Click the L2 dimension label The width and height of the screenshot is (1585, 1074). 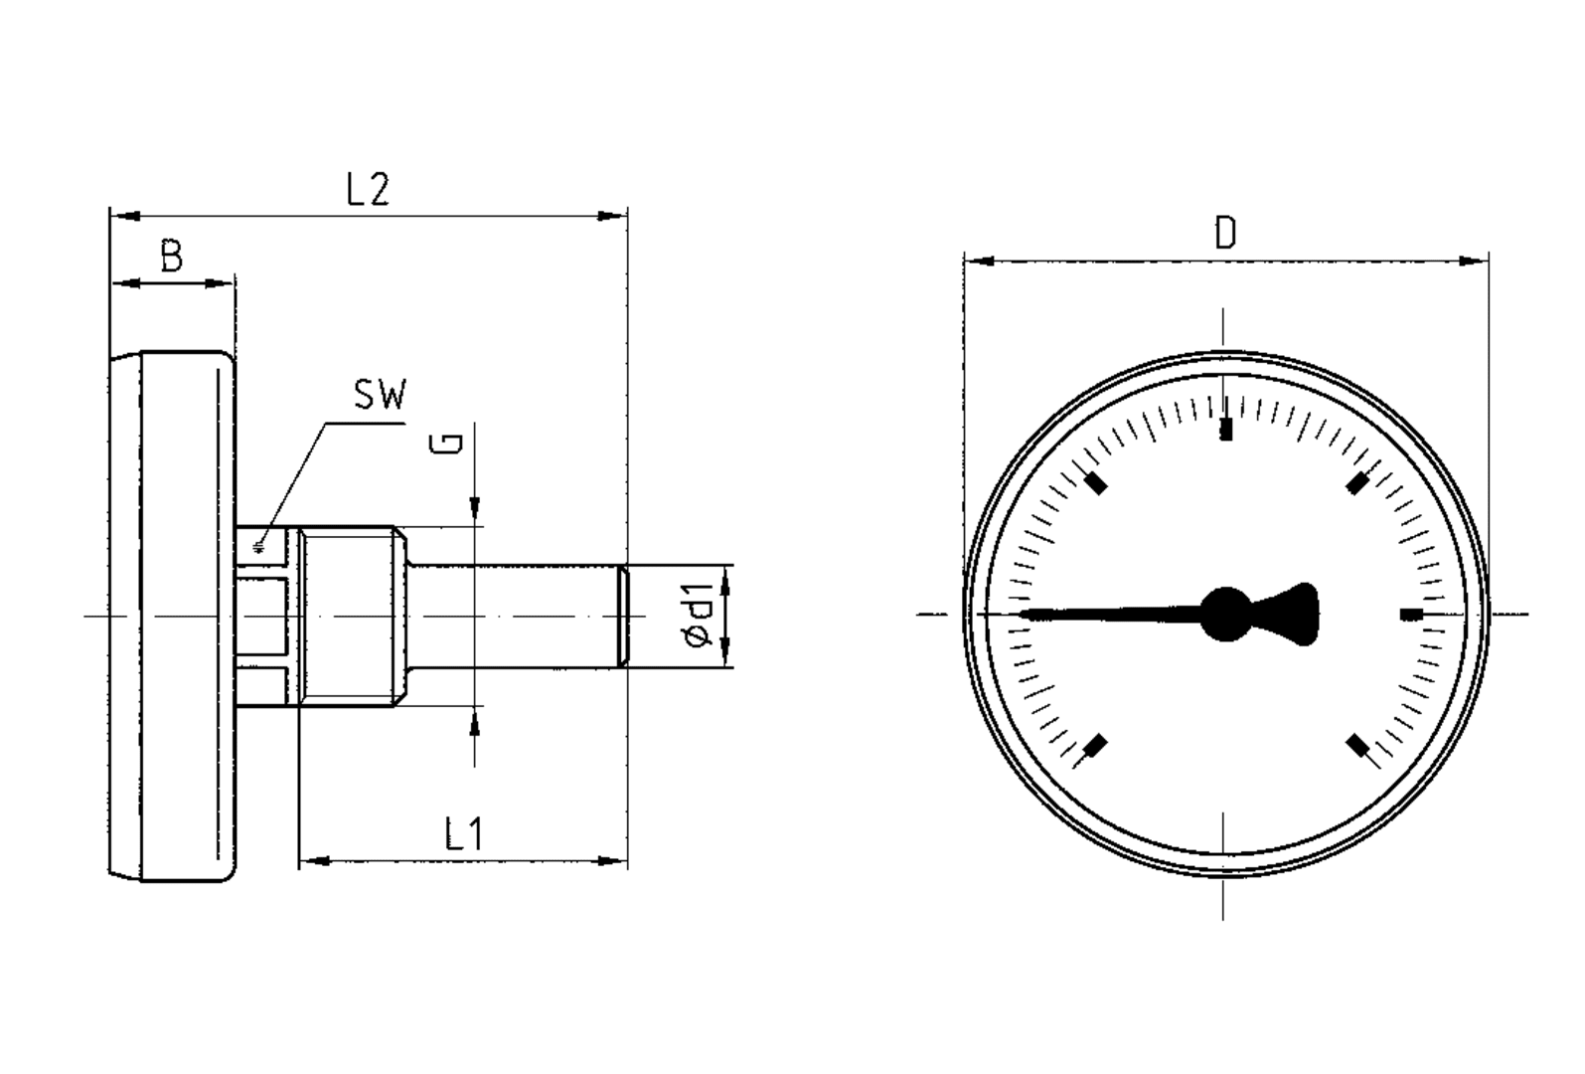(368, 189)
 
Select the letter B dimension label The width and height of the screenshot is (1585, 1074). (172, 258)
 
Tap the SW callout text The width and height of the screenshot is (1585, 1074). (380, 396)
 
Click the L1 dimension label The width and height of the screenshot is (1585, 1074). (463, 834)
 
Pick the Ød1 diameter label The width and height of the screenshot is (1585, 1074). (699, 618)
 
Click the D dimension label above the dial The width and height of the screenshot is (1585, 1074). (1225, 235)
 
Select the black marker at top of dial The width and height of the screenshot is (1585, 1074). (1226, 430)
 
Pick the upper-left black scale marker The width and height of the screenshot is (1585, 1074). (1096, 484)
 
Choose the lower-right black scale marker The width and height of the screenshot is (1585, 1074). (1356, 745)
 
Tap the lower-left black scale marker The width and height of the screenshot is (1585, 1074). (1096, 745)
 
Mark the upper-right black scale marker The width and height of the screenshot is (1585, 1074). (1356, 484)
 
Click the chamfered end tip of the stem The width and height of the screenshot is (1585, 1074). (623, 617)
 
